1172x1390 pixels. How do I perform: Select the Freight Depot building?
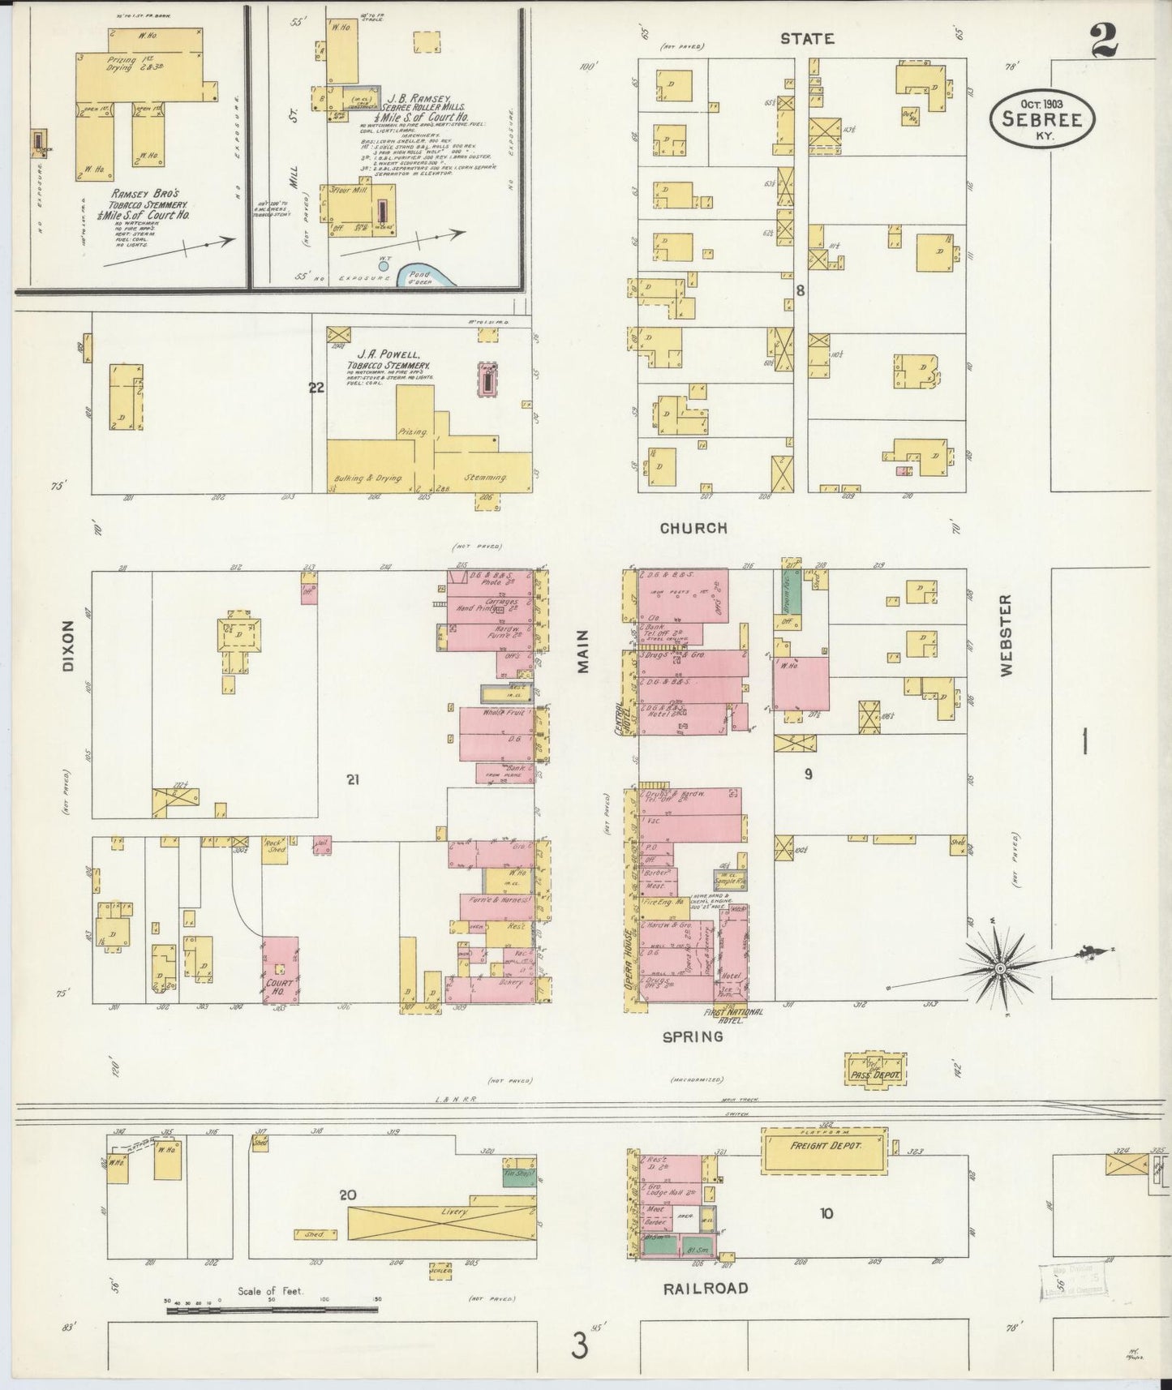pyautogui.click(x=824, y=1147)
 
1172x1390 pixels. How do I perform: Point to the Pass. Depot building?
pyautogui.click(x=875, y=1070)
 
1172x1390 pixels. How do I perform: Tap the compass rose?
pyautogui.click(x=1000, y=967)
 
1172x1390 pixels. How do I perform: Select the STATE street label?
pyautogui.click(x=806, y=38)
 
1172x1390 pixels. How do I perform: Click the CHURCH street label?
pyautogui.click(x=693, y=528)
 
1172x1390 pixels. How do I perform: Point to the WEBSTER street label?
pyautogui.click(x=1006, y=636)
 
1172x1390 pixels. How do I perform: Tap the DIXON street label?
pyautogui.click(x=67, y=646)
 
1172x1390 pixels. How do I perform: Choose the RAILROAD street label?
pyautogui.click(x=704, y=1287)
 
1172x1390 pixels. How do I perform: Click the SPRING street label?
pyautogui.click(x=692, y=1036)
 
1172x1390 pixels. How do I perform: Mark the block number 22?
pyautogui.click(x=316, y=388)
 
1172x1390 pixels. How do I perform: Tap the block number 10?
pyautogui.click(x=826, y=1213)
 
